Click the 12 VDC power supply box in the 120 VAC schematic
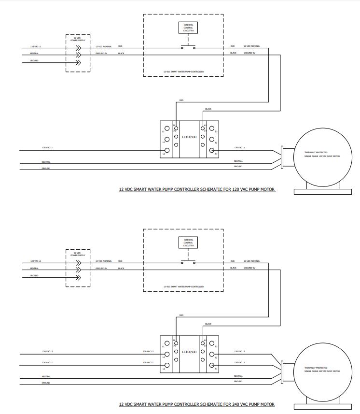(77, 53)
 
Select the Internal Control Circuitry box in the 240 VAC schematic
(188, 242)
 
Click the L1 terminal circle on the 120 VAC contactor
(167, 151)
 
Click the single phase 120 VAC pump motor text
(322, 156)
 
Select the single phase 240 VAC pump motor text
(322, 371)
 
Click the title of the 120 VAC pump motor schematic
(197, 190)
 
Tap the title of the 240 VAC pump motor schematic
(197, 405)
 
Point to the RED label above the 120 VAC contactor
(181, 100)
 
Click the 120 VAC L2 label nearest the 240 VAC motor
(239, 352)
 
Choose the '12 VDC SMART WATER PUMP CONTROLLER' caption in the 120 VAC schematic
(183, 72)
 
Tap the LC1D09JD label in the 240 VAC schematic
(189, 352)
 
